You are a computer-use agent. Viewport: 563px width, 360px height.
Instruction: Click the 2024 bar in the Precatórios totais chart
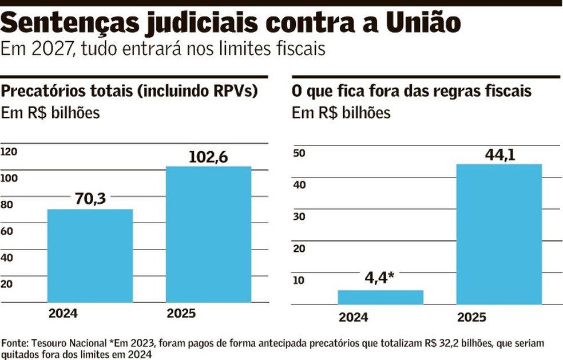[x=90, y=255]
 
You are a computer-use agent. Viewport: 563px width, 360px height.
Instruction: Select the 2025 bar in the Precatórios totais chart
[x=209, y=234]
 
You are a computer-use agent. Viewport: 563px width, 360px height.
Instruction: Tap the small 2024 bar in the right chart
[x=380, y=297]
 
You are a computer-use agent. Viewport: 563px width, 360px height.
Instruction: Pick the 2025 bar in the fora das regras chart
[x=499, y=234]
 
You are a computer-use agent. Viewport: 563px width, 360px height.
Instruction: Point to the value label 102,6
[x=208, y=156]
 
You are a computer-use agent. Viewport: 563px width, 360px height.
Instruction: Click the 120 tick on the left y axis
[x=9, y=152]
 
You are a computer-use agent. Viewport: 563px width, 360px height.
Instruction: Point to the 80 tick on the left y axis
[x=7, y=204]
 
